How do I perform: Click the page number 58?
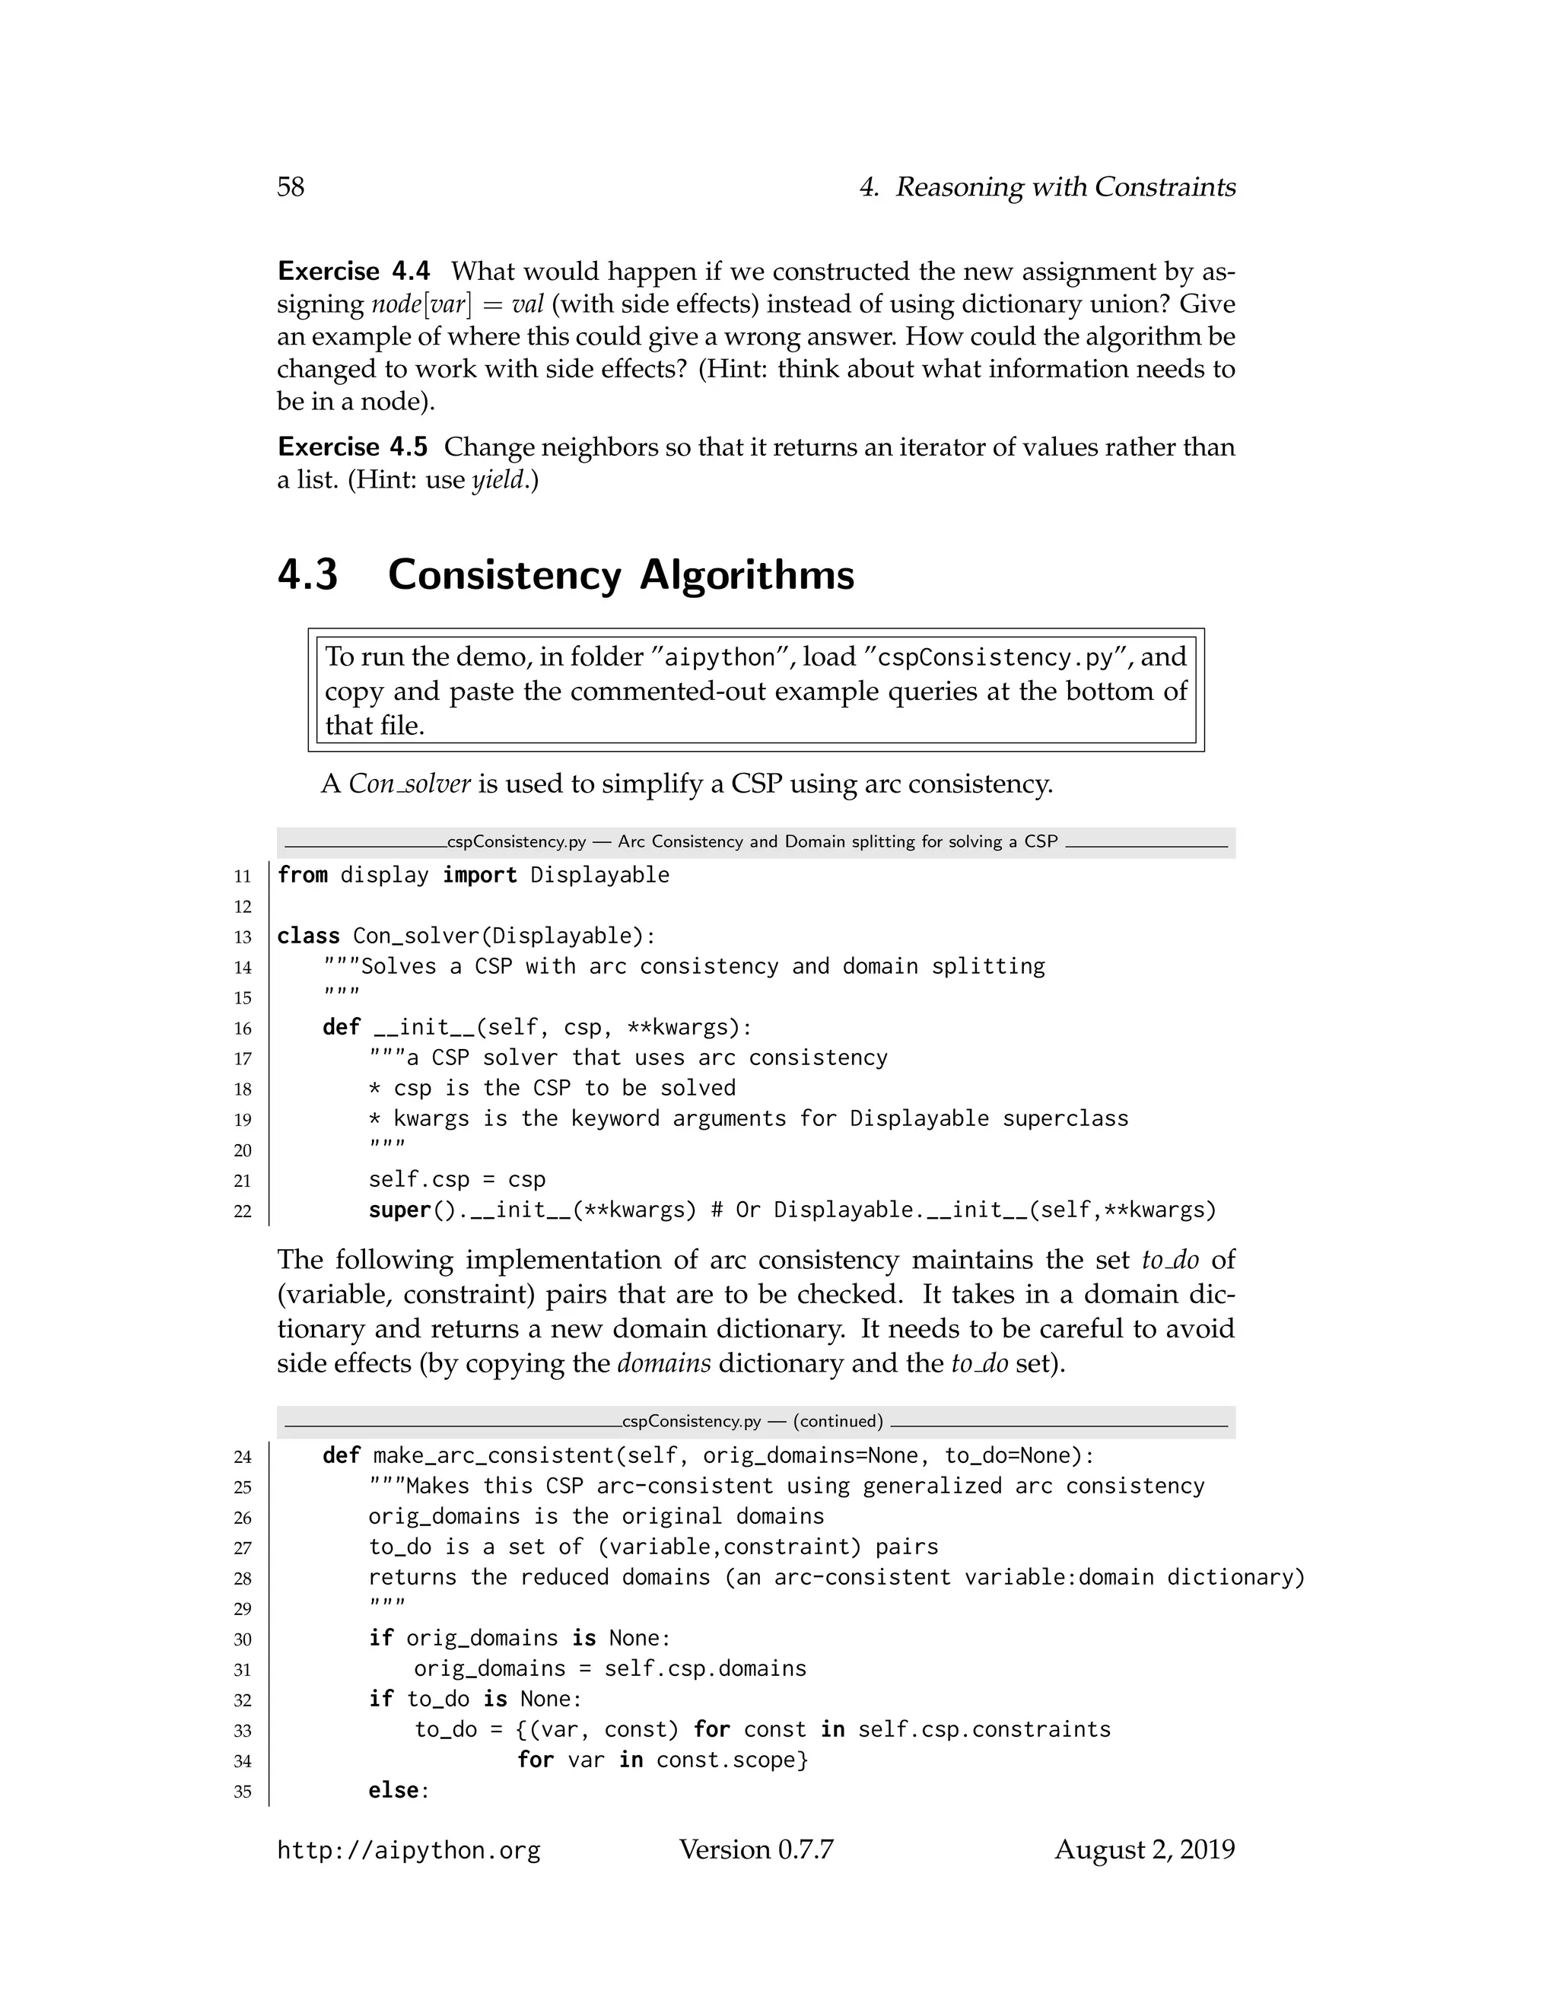coord(291,186)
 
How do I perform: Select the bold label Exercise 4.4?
coord(354,272)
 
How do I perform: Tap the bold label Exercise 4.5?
coord(354,447)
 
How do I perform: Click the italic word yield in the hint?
coord(498,480)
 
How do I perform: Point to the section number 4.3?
coord(307,574)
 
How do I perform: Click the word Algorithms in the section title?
coord(747,574)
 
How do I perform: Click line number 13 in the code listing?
coord(243,937)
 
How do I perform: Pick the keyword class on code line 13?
coord(308,936)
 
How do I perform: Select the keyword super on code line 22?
coord(399,1210)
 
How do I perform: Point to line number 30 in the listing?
coord(243,1639)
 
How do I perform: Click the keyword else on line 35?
coord(393,1791)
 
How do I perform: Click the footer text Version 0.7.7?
coord(756,1849)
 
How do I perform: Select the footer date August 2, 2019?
coord(1144,1849)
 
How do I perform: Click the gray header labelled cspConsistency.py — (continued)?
coord(754,1422)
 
